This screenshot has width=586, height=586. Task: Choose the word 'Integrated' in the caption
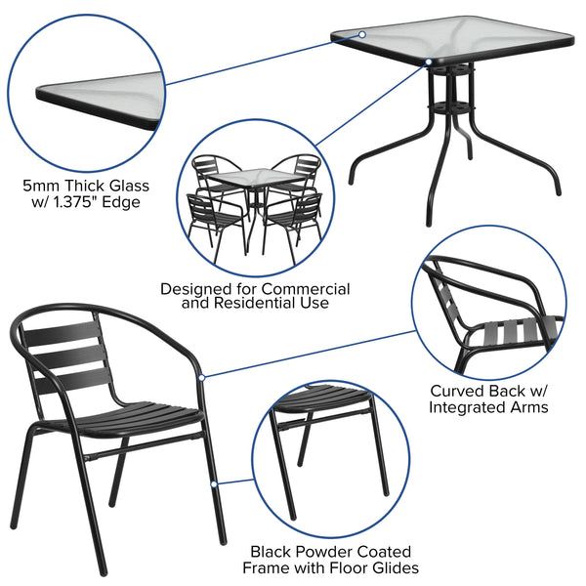coord(466,406)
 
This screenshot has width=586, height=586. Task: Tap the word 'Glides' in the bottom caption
coord(392,567)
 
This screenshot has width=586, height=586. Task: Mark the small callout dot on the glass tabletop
coord(361,35)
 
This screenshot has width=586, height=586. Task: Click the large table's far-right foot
coord(555,189)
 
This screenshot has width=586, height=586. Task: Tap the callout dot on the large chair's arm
coord(201,376)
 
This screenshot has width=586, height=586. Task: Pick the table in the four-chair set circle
coord(252,186)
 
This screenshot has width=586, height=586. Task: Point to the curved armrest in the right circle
coord(488,283)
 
